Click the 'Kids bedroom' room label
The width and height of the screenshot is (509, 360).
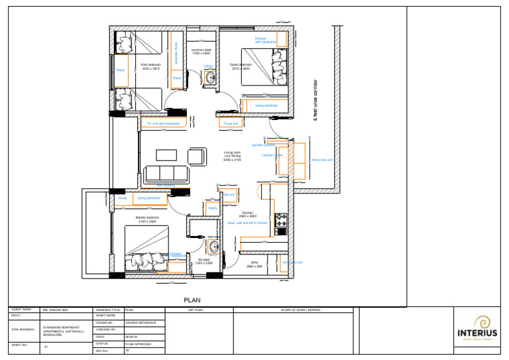tap(150, 64)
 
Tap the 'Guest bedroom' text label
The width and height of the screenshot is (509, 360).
tap(239, 64)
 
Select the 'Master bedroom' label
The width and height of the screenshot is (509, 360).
tap(146, 217)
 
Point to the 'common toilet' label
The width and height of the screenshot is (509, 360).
tap(201, 50)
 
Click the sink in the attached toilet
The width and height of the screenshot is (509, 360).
tap(213, 246)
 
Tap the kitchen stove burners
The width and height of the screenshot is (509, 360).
tap(280, 218)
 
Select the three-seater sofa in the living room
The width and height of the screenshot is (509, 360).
tap(166, 174)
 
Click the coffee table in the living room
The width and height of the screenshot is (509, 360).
tap(166, 155)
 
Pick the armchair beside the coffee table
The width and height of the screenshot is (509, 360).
tap(196, 156)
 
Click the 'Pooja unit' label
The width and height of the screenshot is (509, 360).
tap(230, 123)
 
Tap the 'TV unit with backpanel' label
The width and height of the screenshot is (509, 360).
tap(163, 123)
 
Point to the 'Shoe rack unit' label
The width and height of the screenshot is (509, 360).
tap(321, 160)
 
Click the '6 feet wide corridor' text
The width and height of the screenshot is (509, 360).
tap(315, 99)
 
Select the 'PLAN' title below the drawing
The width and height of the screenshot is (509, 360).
tap(192, 300)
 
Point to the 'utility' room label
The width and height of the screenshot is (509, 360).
tap(254, 263)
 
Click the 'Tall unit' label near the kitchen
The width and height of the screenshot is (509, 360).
tap(230, 194)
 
